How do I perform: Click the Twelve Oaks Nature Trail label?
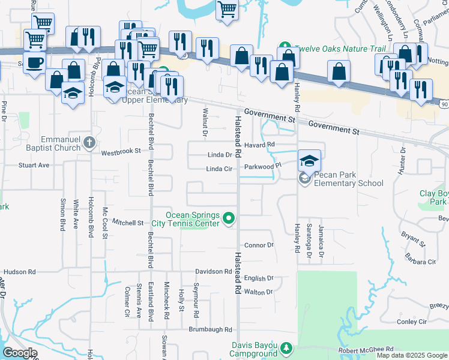[330, 47]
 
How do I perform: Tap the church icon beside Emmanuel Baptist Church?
[89, 143]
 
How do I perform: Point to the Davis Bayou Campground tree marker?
[286, 348]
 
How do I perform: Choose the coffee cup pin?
[35, 62]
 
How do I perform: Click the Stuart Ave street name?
[34, 164]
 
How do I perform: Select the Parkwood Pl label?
[262, 166]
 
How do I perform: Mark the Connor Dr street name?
[259, 245]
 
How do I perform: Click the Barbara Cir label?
[420, 262]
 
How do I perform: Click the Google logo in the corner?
[20, 353]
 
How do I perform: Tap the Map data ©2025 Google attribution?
[411, 355]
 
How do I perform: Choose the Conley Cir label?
[411, 322]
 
